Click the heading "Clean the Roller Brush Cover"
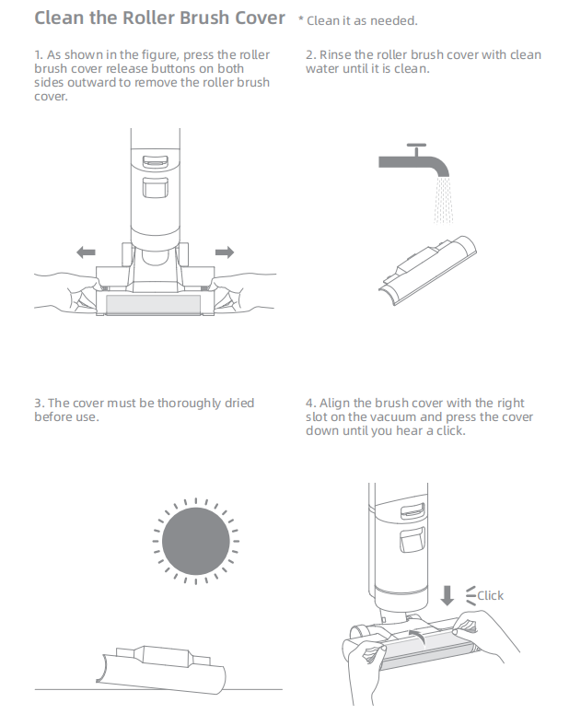[x=159, y=18]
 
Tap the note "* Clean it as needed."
[x=357, y=21]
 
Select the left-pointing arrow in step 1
[x=86, y=252]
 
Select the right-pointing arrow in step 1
[x=225, y=252]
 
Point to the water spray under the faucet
[x=443, y=200]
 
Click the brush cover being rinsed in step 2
[x=427, y=269]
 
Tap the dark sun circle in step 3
[x=196, y=541]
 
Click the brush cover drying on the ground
[x=161, y=670]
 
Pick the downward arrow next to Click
[x=447, y=595]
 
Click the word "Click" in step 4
[x=490, y=595]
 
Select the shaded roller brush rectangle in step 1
[x=153, y=305]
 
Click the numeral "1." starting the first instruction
[x=39, y=55]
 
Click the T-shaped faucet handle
[x=416, y=149]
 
